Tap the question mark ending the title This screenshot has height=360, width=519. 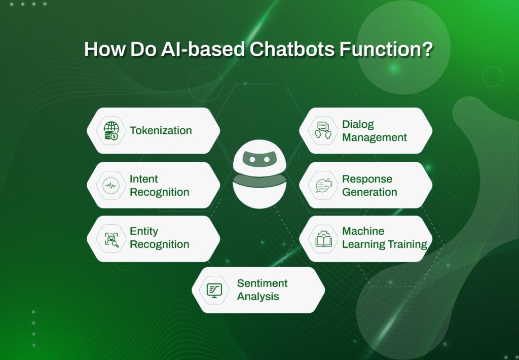(426, 49)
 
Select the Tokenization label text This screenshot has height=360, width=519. (161, 130)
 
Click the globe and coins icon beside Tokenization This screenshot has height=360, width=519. (110, 131)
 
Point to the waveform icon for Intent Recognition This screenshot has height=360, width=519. (110, 186)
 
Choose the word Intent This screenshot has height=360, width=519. (144, 179)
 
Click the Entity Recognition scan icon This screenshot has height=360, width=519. (111, 239)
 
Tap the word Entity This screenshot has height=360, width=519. (144, 231)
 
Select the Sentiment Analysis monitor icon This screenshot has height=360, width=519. (214, 290)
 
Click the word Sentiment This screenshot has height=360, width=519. (262, 283)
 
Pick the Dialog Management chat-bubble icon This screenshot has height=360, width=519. (323, 130)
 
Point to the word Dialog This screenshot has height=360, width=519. (358, 124)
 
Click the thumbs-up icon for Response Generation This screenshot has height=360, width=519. (323, 186)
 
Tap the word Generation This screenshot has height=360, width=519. (369, 192)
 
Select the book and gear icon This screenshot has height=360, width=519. (323, 239)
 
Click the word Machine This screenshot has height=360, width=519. (363, 231)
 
